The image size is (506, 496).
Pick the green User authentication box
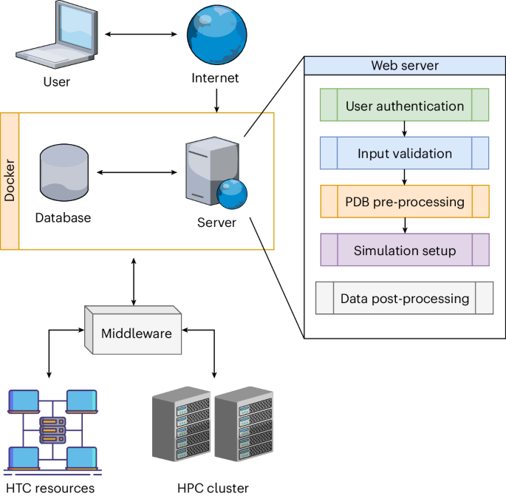(x=405, y=105)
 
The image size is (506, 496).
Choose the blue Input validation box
(x=405, y=154)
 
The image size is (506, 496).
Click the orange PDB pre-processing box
(x=405, y=202)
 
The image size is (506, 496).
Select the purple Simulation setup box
(x=405, y=251)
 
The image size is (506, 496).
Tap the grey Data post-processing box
(x=405, y=299)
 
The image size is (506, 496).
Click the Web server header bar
(x=405, y=66)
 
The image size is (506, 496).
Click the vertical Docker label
(x=10, y=181)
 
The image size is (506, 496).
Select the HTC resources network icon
(x=52, y=428)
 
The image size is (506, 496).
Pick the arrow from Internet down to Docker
(x=216, y=100)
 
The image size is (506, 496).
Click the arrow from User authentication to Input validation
(x=405, y=129)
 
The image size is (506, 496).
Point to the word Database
(x=63, y=218)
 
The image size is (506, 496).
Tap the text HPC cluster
(x=213, y=487)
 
